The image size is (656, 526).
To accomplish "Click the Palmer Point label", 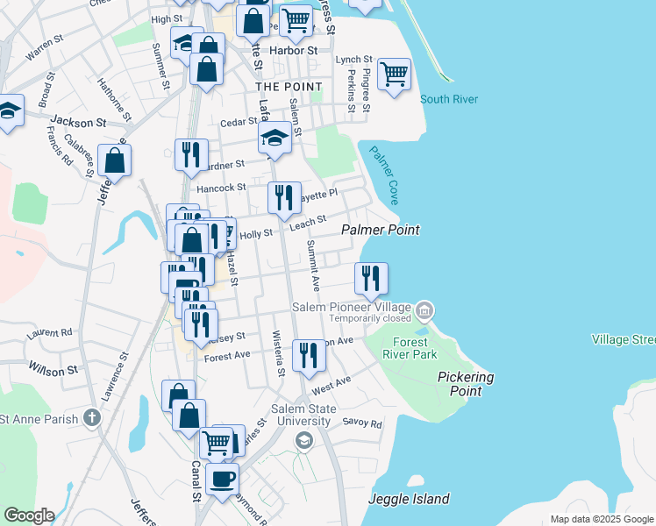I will tap(380, 230).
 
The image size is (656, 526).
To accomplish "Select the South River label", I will tap(449, 99).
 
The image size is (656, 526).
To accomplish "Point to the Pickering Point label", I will tap(466, 384).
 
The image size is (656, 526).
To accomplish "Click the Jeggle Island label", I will tap(410, 500).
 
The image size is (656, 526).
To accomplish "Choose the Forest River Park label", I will tap(410, 348).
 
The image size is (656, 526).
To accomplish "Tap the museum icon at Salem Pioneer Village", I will tap(424, 309).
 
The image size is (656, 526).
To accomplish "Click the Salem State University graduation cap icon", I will tap(303, 440).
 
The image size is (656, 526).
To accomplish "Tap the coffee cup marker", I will tap(222, 479).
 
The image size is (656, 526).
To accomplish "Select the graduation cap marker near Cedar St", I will tap(275, 138).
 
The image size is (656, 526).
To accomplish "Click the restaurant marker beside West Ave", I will tap(308, 355).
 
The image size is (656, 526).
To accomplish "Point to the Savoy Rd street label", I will tap(362, 423).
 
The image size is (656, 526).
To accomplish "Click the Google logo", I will tap(28, 515).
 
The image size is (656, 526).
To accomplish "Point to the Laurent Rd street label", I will tap(49, 333).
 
